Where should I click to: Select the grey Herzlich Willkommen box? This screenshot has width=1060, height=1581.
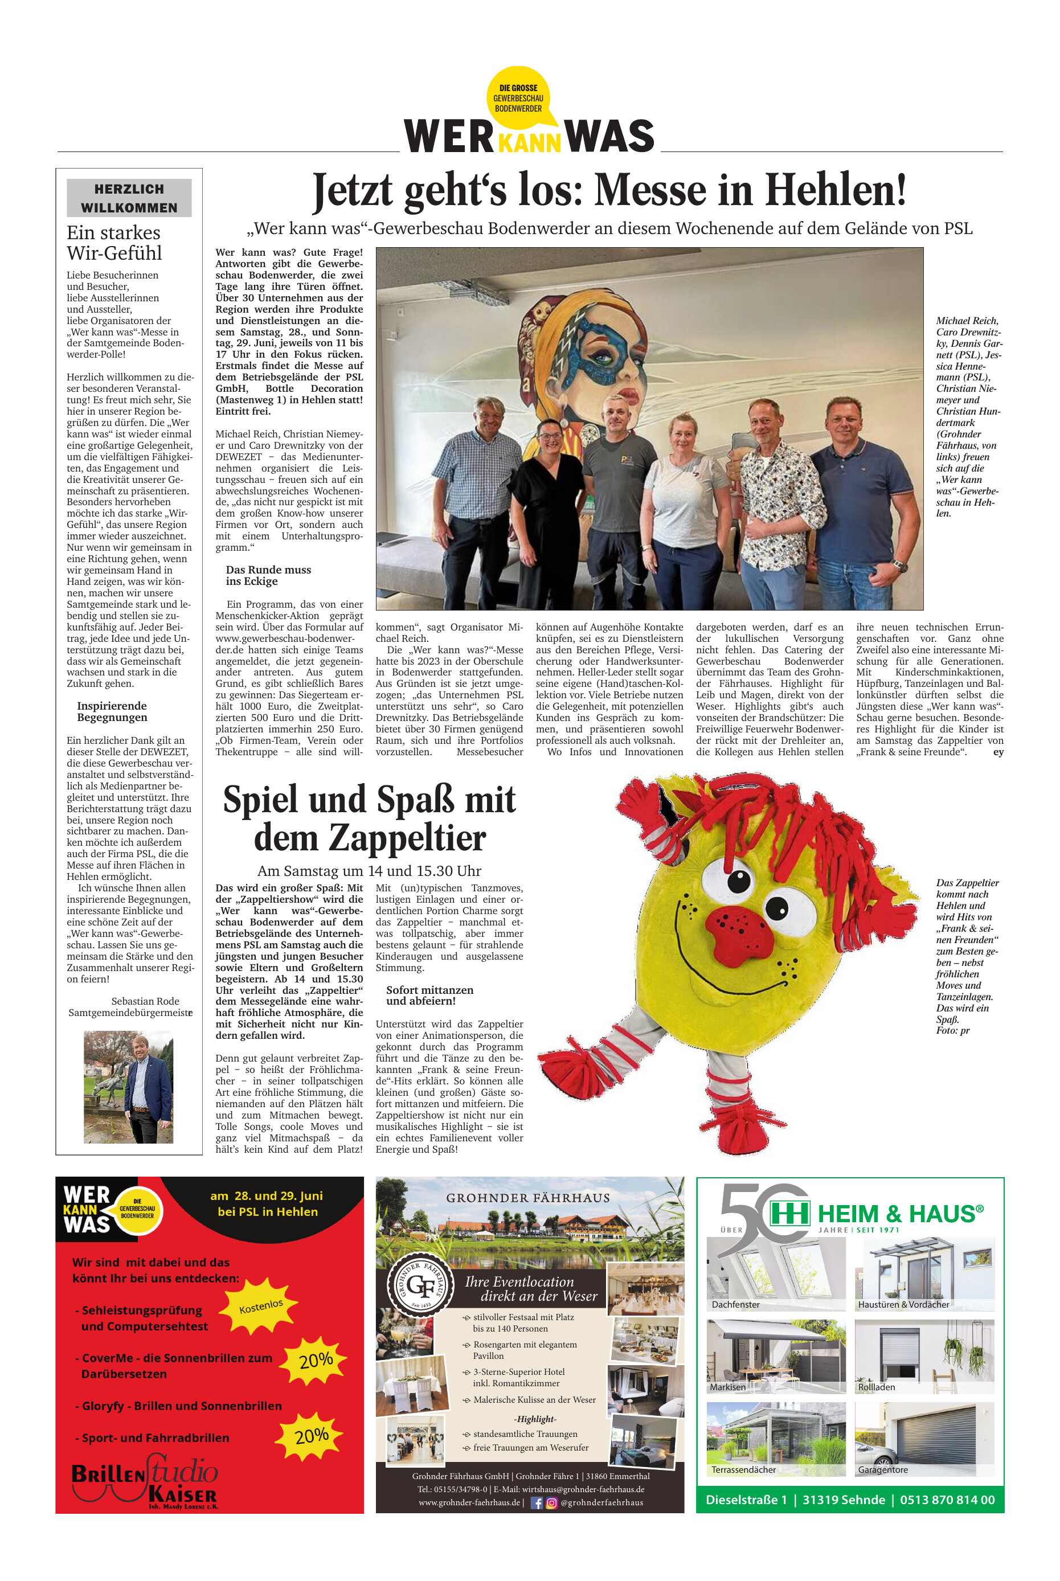(129, 198)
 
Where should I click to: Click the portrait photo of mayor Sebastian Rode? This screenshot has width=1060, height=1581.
(129, 1087)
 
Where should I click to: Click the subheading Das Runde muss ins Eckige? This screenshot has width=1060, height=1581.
(268, 575)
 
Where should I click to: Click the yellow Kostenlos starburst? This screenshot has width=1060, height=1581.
(261, 1306)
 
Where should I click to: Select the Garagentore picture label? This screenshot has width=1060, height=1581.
(883, 1469)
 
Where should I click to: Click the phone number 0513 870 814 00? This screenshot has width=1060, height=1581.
(947, 1499)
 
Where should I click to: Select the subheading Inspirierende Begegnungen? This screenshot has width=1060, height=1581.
(112, 711)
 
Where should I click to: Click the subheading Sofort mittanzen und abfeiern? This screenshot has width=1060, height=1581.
(430, 995)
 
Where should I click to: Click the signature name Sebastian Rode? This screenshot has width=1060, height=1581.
(145, 1001)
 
